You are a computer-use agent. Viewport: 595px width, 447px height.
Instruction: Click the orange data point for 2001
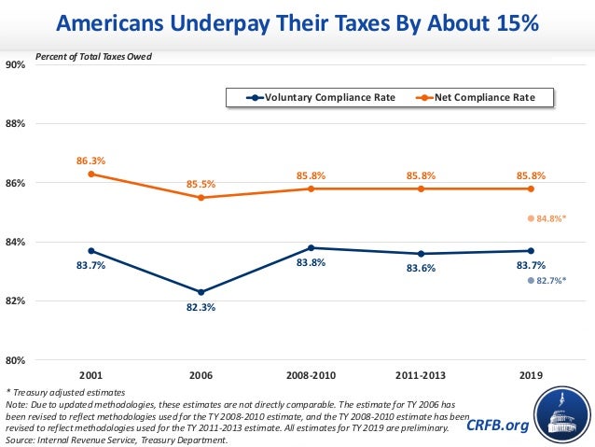click(x=90, y=174)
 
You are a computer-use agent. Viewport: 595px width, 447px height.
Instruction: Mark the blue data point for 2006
click(x=201, y=292)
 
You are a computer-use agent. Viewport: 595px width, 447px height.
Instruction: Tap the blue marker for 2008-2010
click(x=311, y=248)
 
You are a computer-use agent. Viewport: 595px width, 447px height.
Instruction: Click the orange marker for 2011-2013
click(x=421, y=189)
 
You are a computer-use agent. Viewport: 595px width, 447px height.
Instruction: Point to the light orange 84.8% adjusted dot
click(x=531, y=218)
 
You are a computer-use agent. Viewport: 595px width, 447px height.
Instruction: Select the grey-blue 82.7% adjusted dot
click(x=531, y=280)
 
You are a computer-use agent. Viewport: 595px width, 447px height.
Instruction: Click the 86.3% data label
click(x=90, y=161)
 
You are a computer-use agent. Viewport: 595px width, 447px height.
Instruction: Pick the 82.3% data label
click(x=201, y=306)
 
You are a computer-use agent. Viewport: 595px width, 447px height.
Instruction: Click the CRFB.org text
click(x=497, y=426)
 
